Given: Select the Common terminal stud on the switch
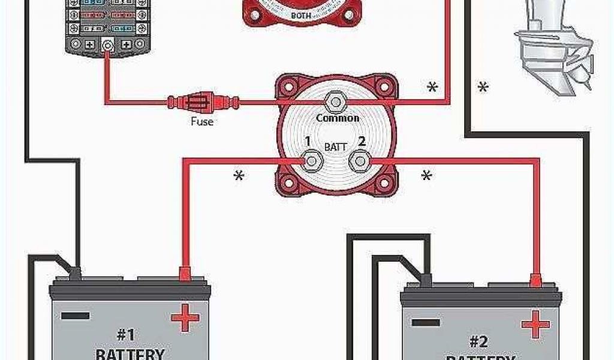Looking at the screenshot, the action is (x=333, y=101).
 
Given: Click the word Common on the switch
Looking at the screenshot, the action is (x=338, y=118).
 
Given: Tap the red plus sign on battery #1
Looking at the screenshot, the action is (x=185, y=317).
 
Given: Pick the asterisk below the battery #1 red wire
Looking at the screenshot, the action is (x=239, y=177).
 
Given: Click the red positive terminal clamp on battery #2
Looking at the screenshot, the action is (x=536, y=279).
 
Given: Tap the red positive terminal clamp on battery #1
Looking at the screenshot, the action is (x=185, y=272).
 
